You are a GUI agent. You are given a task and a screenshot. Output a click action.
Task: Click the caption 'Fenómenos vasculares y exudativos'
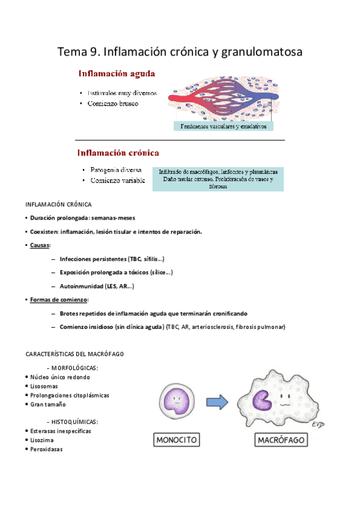coord(223,126)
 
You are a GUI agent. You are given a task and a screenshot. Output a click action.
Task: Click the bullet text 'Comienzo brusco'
coord(114,104)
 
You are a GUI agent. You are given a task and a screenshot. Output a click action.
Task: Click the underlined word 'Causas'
coord(40,245)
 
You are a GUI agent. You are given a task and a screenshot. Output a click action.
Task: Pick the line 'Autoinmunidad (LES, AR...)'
coord(97,286)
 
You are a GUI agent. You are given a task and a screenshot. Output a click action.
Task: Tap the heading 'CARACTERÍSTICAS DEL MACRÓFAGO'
coord(75,354)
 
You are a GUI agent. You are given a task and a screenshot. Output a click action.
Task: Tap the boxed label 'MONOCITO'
coord(177,440)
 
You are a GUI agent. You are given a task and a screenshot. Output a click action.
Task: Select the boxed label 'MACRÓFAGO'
coord(281,440)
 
